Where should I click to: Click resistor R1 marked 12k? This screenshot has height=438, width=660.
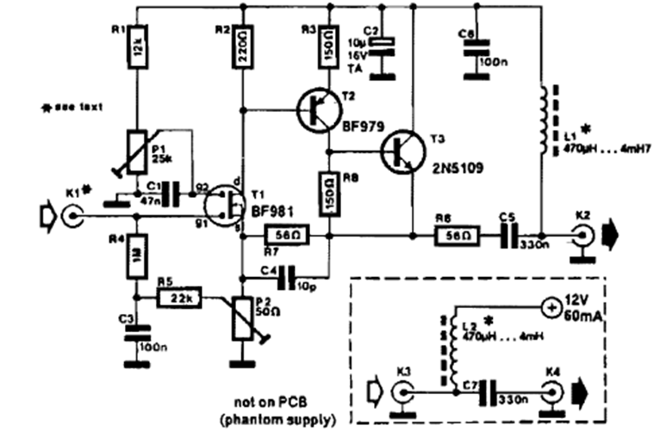pos(137,55)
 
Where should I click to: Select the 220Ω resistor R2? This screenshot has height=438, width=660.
pos(243,55)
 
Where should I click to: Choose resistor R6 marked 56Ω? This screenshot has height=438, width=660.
pos(452,234)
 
